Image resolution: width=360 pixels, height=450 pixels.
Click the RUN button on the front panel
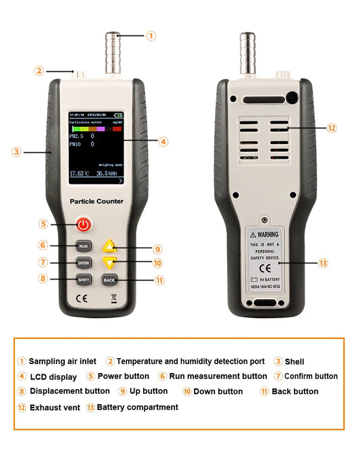[83, 246]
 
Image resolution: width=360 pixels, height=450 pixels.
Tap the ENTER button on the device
[83, 262]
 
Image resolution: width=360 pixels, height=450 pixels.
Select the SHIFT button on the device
[83, 279]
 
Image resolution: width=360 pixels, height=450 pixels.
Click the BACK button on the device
[109, 279]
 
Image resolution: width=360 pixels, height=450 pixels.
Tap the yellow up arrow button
[110, 248]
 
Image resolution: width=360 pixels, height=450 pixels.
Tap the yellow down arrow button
[110, 263]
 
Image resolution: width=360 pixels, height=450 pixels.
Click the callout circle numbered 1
[151, 35]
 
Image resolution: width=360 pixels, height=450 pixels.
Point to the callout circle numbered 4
[163, 142]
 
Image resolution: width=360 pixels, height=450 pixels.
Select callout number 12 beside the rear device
[332, 128]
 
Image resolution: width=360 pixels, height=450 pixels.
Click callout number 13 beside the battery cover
[323, 262]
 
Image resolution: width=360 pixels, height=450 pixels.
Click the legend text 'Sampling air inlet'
[61, 361]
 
